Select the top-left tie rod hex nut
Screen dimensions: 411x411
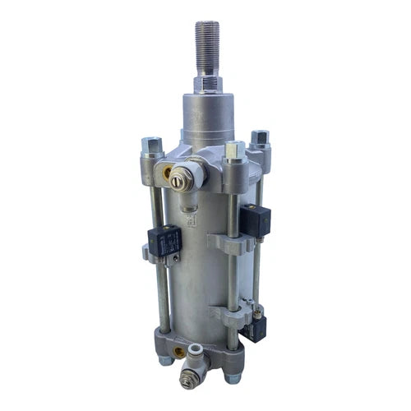(152, 146)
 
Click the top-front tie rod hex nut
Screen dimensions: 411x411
(234, 150)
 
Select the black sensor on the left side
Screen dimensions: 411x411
(164, 240)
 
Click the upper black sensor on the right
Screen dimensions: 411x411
(256, 219)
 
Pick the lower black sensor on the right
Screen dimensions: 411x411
(256, 328)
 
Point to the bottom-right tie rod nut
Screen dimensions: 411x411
(233, 376)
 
